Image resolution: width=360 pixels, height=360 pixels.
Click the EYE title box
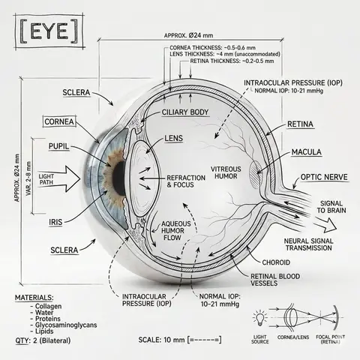(x=49, y=31)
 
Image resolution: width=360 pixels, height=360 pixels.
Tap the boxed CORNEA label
(x=59, y=121)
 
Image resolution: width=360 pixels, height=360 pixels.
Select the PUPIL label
(x=58, y=146)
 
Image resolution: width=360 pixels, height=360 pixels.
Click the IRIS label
(x=55, y=222)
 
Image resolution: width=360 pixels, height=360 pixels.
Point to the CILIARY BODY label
(x=185, y=112)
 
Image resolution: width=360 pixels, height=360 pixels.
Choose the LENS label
(x=174, y=138)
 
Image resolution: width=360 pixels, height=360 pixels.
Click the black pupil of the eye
(x=119, y=177)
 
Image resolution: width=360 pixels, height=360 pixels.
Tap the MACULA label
(x=307, y=152)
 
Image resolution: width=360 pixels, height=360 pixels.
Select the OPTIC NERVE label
(x=324, y=177)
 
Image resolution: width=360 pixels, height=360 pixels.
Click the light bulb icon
(x=260, y=318)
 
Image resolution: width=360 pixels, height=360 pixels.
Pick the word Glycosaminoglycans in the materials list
(x=66, y=325)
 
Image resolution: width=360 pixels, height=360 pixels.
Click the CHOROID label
(x=276, y=262)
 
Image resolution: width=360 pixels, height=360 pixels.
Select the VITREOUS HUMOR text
(x=226, y=172)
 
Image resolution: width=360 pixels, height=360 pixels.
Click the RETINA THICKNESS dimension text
(x=232, y=61)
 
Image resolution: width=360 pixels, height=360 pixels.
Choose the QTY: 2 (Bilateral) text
(x=43, y=340)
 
